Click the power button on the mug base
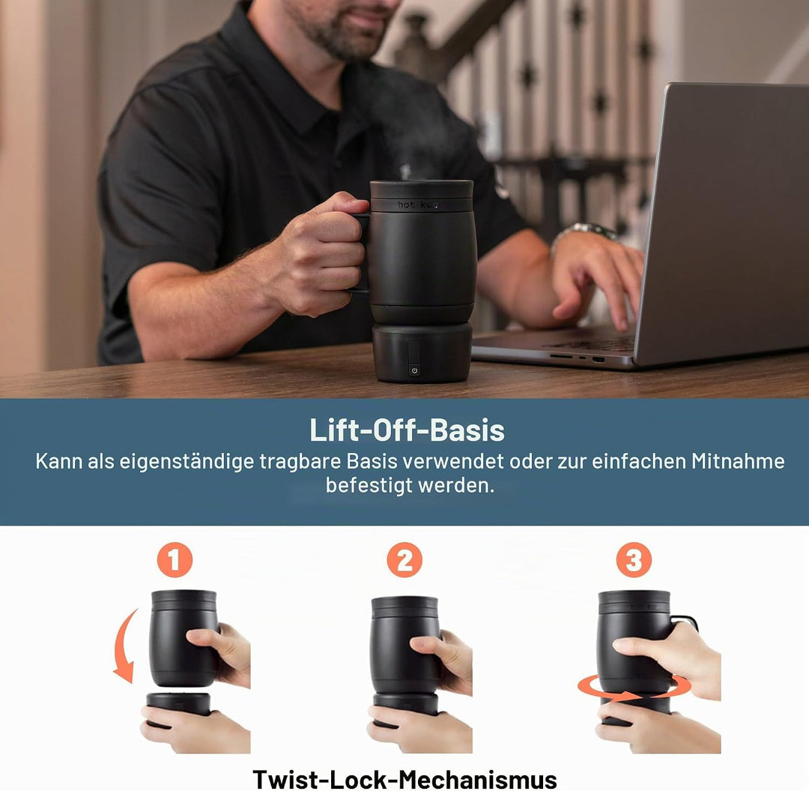pos(414,370)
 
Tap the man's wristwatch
pos(588,232)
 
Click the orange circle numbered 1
pos(175,559)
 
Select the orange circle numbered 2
pos(404,559)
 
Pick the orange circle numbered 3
pos(634,559)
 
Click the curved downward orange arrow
pos(122,646)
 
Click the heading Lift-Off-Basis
pos(407,430)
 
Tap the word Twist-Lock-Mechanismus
pos(404,778)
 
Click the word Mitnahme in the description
pos(738,461)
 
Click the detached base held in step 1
pos(178,704)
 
